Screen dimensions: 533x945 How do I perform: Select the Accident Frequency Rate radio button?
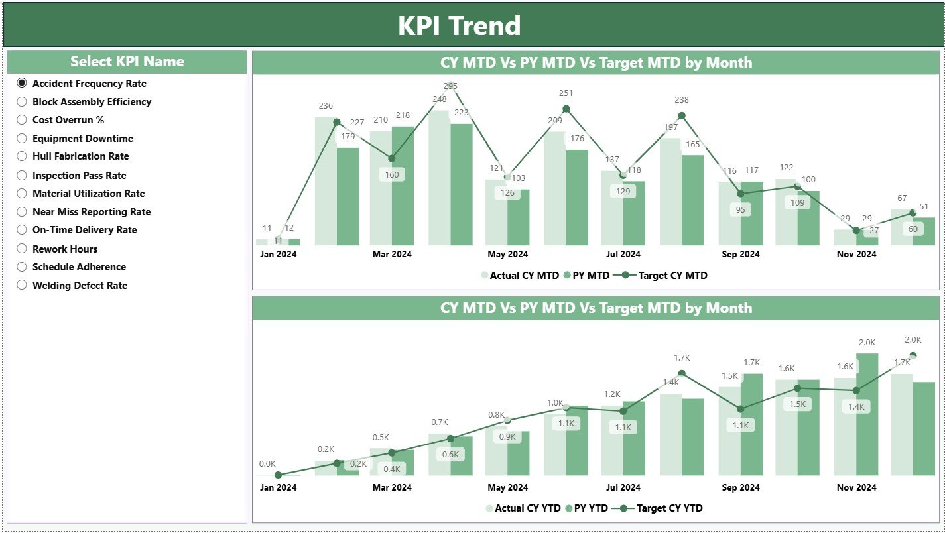coord(22,84)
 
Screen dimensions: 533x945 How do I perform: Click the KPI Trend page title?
coord(459,26)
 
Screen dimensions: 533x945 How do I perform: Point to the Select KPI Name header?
coord(127,62)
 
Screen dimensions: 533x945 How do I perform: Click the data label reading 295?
coord(451,86)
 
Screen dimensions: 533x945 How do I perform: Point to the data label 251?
coord(566,93)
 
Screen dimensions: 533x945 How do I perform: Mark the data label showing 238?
coord(682,100)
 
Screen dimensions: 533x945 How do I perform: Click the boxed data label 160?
coord(392,175)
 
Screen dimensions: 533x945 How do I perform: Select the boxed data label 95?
coord(740,209)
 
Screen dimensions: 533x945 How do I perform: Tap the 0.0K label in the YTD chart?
coord(267,464)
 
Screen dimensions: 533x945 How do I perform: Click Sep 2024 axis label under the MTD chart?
coord(740,254)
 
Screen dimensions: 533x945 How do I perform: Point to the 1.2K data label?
coord(611,394)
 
